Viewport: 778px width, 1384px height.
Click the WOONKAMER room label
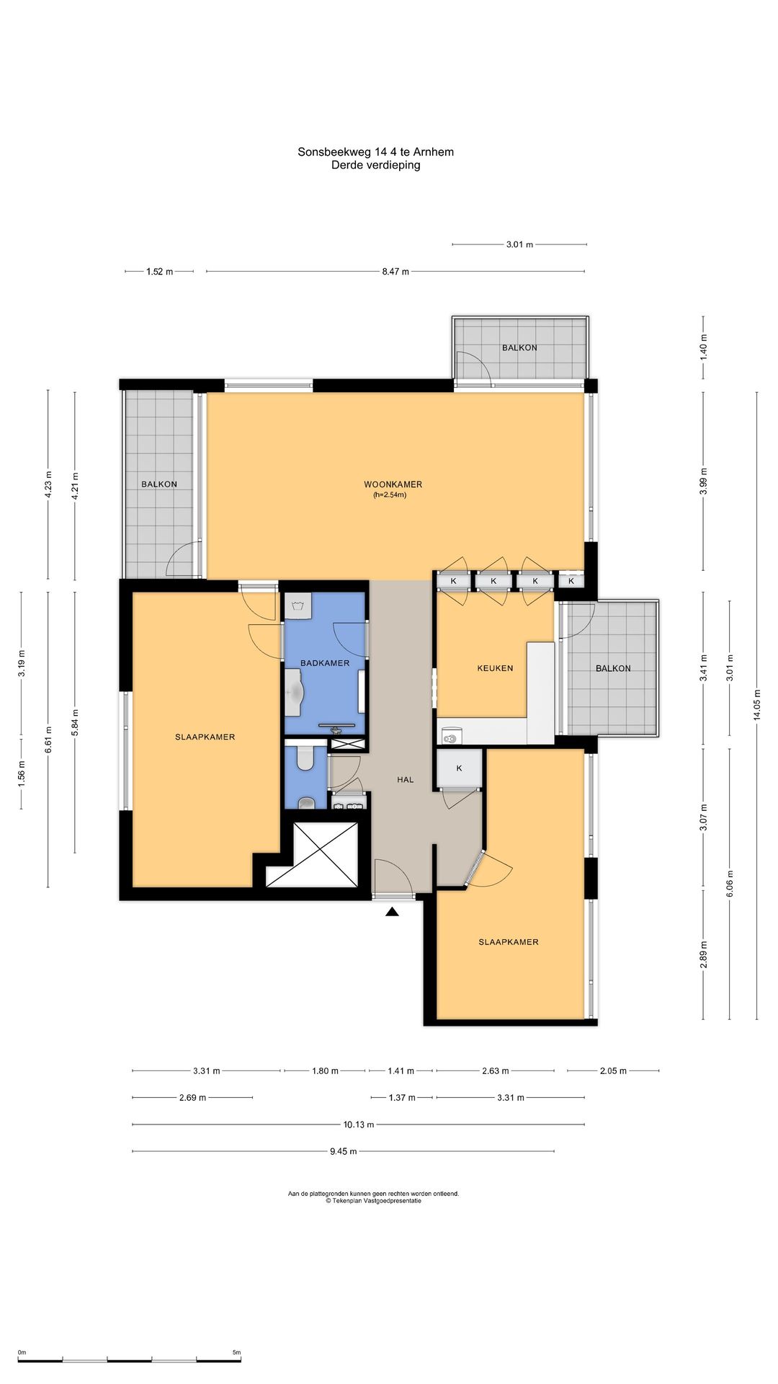[x=393, y=484]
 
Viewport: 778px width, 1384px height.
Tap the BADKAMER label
[x=325, y=663]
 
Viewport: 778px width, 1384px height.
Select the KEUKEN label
[x=495, y=668]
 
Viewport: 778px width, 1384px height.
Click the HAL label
[x=405, y=779]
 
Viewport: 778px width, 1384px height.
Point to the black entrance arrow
[x=392, y=913]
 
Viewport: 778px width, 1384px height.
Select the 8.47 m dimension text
[x=395, y=272]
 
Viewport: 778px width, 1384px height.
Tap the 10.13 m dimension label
[x=357, y=1124]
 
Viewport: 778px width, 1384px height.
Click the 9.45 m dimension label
[x=343, y=1151]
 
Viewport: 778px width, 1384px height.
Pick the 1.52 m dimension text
[x=159, y=272]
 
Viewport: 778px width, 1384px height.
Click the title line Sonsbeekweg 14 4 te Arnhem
[x=375, y=152]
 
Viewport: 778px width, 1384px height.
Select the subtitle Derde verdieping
[x=375, y=165]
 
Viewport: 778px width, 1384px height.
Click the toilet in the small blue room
[x=305, y=757]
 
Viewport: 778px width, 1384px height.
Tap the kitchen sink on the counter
[x=452, y=737]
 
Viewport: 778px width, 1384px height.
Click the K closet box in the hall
[x=459, y=769]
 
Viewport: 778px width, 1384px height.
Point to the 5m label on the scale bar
[x=236, y=1352]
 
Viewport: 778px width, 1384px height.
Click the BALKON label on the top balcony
[x=519, y=347]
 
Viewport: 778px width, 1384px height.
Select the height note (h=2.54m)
[x=390, y=495]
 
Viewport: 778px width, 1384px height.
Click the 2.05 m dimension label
[x=613, y=1071]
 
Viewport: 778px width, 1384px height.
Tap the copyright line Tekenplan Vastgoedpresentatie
[x=373, y=1201]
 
